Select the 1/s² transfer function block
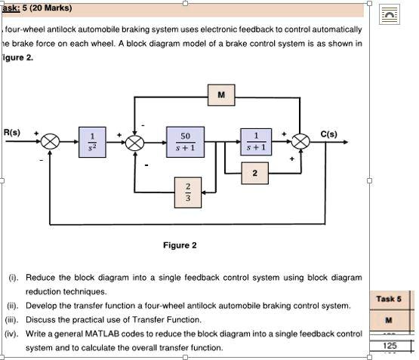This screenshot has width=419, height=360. point(93,141)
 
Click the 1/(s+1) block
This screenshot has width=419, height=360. point(256,141)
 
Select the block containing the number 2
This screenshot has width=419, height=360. point(254,174)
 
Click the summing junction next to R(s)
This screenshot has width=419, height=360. point(50,141)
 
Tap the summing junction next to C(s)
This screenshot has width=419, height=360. point(301,141)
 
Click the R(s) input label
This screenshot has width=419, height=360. point(13,133)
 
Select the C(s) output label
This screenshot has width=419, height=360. point(328,134)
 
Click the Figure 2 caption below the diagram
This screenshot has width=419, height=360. point(180,245)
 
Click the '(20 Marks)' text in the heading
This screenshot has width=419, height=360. point(51,8)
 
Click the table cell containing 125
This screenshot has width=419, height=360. point(389,346)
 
